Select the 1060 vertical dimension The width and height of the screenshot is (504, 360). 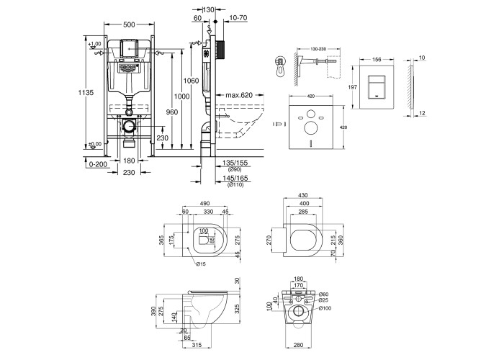tap(190, 80)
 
